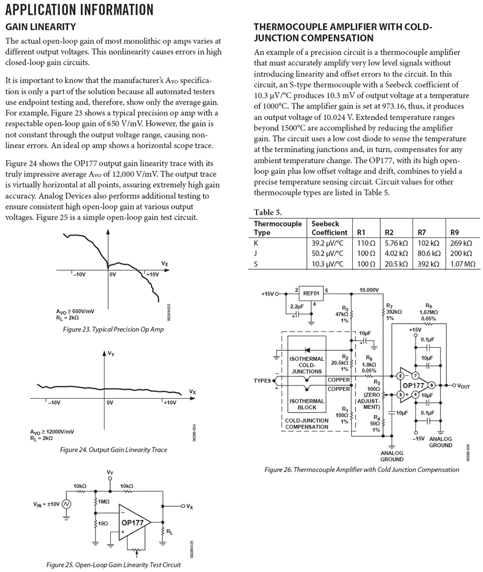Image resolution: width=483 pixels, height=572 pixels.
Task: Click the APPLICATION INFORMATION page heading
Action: (x=80, y=10)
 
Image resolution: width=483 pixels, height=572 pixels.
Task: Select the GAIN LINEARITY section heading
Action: (x=40, y=27)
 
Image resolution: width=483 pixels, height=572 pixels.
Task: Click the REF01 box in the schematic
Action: (x=311, y=293)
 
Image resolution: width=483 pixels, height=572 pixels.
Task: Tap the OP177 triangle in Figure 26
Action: (x=413, y=386)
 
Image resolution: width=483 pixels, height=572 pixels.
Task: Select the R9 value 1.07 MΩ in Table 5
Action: (x=461, y=264)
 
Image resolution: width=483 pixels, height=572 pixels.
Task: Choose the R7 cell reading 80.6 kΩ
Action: (x=429, y=253)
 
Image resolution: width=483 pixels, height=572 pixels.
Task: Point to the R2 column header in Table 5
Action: (x=389, y=232)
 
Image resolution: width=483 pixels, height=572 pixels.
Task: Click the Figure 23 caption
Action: (x=113, y=329)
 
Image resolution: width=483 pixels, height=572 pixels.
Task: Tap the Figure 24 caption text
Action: (x=113, y=449)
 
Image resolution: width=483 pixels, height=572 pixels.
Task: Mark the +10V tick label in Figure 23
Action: (x=152, y=274)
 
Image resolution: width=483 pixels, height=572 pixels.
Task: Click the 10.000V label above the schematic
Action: (x=368, y=290)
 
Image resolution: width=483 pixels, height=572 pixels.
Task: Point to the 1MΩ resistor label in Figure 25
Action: (x=105, y=502)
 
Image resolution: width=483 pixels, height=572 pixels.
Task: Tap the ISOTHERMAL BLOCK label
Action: (x=307, y=404)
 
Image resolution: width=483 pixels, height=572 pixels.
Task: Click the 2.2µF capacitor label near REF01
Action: (x=297, y=306)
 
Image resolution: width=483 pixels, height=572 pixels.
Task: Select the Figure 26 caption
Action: (x=361, y=470)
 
